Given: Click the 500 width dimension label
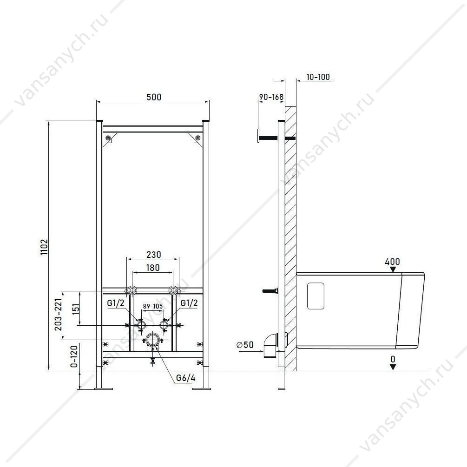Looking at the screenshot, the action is (x=154, y=97).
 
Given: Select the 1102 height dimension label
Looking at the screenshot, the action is (x=45, y=247).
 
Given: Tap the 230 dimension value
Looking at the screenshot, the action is (x=154, y=255).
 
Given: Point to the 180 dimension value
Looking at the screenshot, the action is (x=153, y=268).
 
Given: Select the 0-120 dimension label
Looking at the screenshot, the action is (x=74, y=356).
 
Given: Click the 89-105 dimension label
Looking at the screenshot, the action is (x=153, y=306).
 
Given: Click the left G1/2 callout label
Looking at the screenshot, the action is (x=116, y=303).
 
